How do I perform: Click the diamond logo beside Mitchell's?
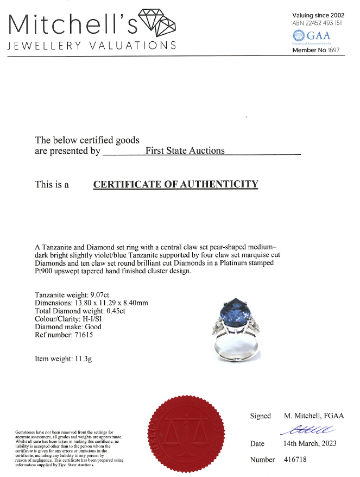point(157,23)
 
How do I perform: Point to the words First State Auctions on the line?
point(185,150)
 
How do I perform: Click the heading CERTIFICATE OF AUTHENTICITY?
point(175,184)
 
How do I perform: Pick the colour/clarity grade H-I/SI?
point(106,319)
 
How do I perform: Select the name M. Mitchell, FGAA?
point(314,416)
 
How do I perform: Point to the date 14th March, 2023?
point(310,444)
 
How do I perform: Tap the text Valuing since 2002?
point(318,15)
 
